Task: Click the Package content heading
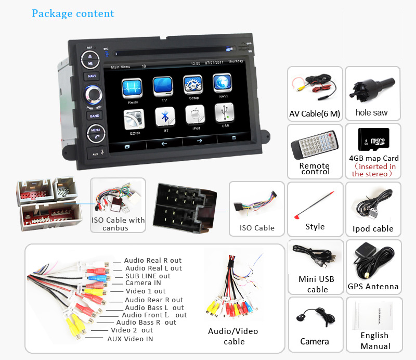pos(73,14)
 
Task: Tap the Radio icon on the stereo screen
pos(132,87)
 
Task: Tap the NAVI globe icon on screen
pos(223,85)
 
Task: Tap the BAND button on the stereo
pos(94,116)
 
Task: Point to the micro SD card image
pos(373,139)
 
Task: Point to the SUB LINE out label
pos(148,276)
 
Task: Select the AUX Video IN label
pos(130,339)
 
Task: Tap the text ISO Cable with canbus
pos(118,224)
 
